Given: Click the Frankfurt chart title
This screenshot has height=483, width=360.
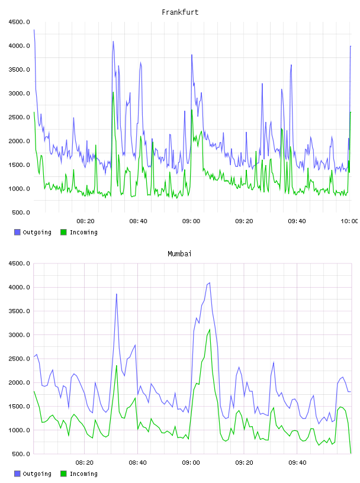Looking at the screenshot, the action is coord(180,12).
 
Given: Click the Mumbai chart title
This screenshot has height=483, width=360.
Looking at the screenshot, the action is coord(179,254).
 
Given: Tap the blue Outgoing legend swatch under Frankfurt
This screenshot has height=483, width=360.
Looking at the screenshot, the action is coord(17,232).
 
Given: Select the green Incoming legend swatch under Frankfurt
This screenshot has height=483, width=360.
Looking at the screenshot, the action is coord(63,232).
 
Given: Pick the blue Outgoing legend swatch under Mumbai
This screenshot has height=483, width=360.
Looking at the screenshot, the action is coord(17,474).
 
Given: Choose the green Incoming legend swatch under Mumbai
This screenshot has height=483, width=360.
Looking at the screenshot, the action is coord(63,474).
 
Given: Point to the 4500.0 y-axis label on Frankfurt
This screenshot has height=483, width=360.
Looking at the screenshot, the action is coord(19,22).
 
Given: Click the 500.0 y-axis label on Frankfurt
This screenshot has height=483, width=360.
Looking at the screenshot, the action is coord(21,212).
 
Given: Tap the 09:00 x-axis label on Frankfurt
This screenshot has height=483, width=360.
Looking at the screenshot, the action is coord(191,221).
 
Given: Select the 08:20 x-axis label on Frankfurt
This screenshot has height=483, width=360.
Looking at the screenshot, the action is coord(85,221).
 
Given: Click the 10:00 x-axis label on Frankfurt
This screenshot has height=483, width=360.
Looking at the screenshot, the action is coord(349,221).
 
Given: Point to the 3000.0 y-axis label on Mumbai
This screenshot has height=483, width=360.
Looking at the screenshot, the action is coord(19,335).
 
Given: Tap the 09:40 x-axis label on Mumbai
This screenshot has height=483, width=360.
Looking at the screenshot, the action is coord(297,463).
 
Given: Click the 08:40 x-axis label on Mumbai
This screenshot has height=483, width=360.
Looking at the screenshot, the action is coord(138,463).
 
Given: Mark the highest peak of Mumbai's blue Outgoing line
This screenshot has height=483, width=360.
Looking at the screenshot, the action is coord(210,283).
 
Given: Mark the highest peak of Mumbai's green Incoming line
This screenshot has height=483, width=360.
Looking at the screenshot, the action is coord(210,330).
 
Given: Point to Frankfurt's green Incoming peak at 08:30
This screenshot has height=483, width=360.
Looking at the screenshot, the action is coord(113,92).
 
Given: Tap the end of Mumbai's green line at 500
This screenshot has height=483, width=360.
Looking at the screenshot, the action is coord(351,453).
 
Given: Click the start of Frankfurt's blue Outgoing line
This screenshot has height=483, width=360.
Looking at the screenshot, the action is coord(34,30).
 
